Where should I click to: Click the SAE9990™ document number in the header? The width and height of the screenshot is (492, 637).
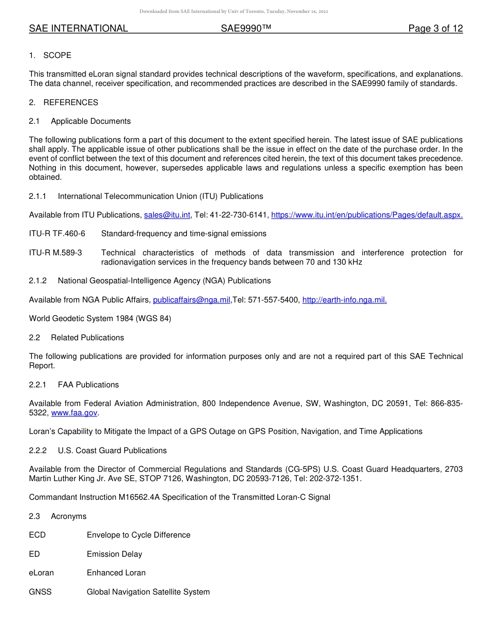(x=246, y=28)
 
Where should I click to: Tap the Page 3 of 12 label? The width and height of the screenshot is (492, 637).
(x=435, y=28)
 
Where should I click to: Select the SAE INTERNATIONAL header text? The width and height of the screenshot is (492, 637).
(x=78, y=28)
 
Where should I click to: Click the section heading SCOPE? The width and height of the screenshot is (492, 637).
(x=57, y=55)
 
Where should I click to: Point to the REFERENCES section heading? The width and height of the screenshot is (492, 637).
(x=70, y=103)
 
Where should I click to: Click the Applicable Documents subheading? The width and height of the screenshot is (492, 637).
(x=91, y=121)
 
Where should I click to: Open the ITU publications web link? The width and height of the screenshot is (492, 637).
(x=367, y=215)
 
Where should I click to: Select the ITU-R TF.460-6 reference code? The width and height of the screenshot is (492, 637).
(x=57, y=234)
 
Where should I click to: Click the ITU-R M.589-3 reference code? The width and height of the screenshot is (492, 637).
(x=55, y=253)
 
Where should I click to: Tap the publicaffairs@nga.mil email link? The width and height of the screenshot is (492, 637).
(x=191, y=300)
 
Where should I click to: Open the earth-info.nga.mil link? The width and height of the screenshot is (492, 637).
(x=344, y=300)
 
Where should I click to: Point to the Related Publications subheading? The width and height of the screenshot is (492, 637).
(x=87, y=338)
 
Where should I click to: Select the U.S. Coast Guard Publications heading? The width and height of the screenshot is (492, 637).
(x=112, y=451)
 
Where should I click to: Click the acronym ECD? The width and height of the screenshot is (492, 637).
(x=37, y=535)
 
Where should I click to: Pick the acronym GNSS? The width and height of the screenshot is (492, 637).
(x=40, y=591)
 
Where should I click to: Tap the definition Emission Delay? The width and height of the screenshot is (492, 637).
(x=114, y=554)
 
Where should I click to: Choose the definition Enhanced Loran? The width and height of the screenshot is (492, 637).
(x=116, y=573)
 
